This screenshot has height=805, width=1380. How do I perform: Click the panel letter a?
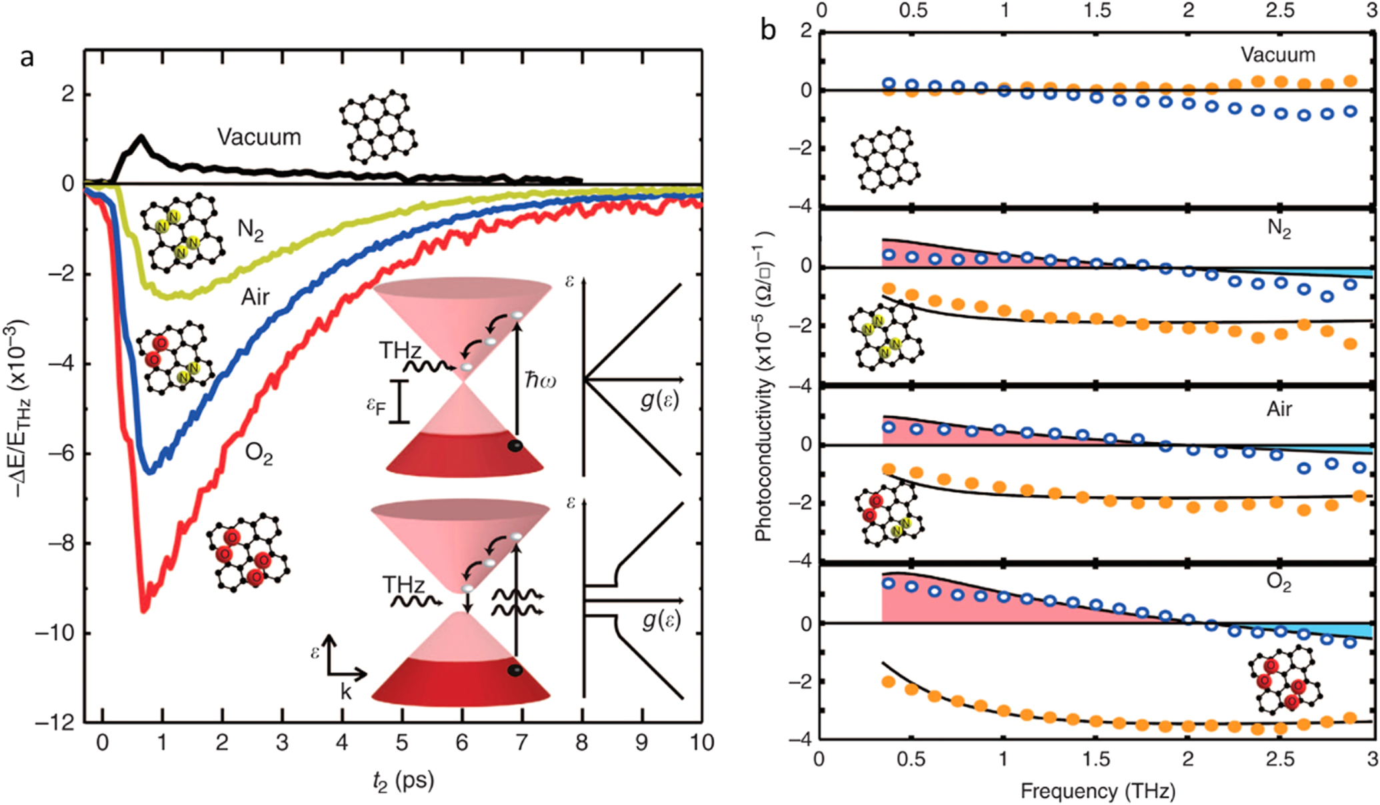coord(27,58)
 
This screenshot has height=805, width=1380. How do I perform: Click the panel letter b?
coord(768,30)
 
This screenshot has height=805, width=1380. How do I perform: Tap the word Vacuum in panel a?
coord(259,137)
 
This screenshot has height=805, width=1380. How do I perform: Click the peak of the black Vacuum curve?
coord(141,137)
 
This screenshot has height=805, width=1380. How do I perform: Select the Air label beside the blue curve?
coord(255,297)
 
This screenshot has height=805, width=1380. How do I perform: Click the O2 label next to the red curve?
coord(259,454)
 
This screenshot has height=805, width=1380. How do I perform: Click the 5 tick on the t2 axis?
coord(402,743)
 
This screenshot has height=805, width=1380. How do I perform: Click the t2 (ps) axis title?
coord(403,780)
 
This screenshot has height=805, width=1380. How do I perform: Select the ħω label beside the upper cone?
coord(540,381)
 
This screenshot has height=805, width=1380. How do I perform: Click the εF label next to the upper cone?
coord(377,405)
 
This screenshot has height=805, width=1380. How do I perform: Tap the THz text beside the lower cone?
coord(403,585)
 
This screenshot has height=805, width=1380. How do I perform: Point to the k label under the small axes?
coord(345,692)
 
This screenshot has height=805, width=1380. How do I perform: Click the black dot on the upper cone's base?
coord(515,446)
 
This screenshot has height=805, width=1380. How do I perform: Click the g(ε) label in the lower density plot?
coord(661,620)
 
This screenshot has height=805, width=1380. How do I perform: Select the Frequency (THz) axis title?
coord(1097,791)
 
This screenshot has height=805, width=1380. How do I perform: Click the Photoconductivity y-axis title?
coord(764,387)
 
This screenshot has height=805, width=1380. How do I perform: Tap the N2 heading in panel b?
coord(1279,229)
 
